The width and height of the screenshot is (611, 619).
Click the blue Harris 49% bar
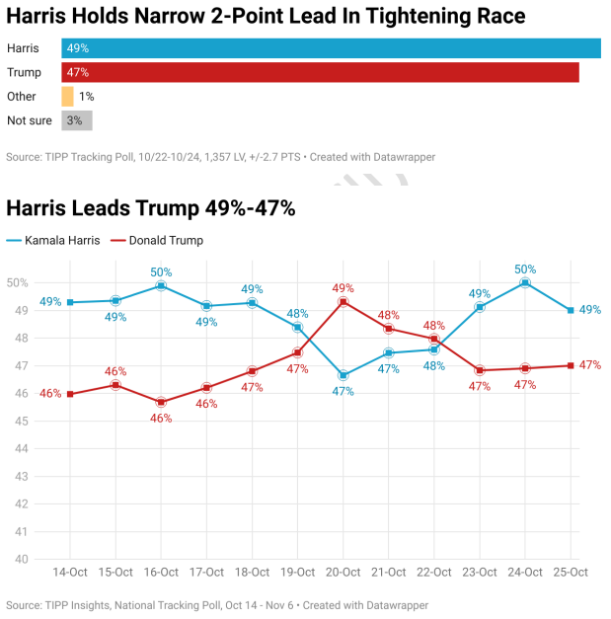coord(331,48)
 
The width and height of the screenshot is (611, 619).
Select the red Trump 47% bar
coord(320,72)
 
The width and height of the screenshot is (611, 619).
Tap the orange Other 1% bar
coord(67,97)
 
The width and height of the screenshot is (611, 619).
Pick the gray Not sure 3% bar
coord(76,120)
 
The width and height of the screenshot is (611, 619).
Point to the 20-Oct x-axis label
coord(344,573)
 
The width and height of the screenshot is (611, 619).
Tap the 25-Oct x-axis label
coord(571,573)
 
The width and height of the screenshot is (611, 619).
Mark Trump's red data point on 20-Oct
coord(344,301)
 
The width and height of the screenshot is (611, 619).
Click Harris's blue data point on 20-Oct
coord(344,376)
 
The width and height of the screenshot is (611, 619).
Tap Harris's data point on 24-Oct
coord(525,282)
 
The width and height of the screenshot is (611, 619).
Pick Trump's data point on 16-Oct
coord(161,402)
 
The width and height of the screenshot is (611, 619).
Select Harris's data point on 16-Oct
coord(161,285)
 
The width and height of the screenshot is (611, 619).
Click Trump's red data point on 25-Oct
coord(571,365)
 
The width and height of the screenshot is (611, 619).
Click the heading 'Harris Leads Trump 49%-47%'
coord(151,208)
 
